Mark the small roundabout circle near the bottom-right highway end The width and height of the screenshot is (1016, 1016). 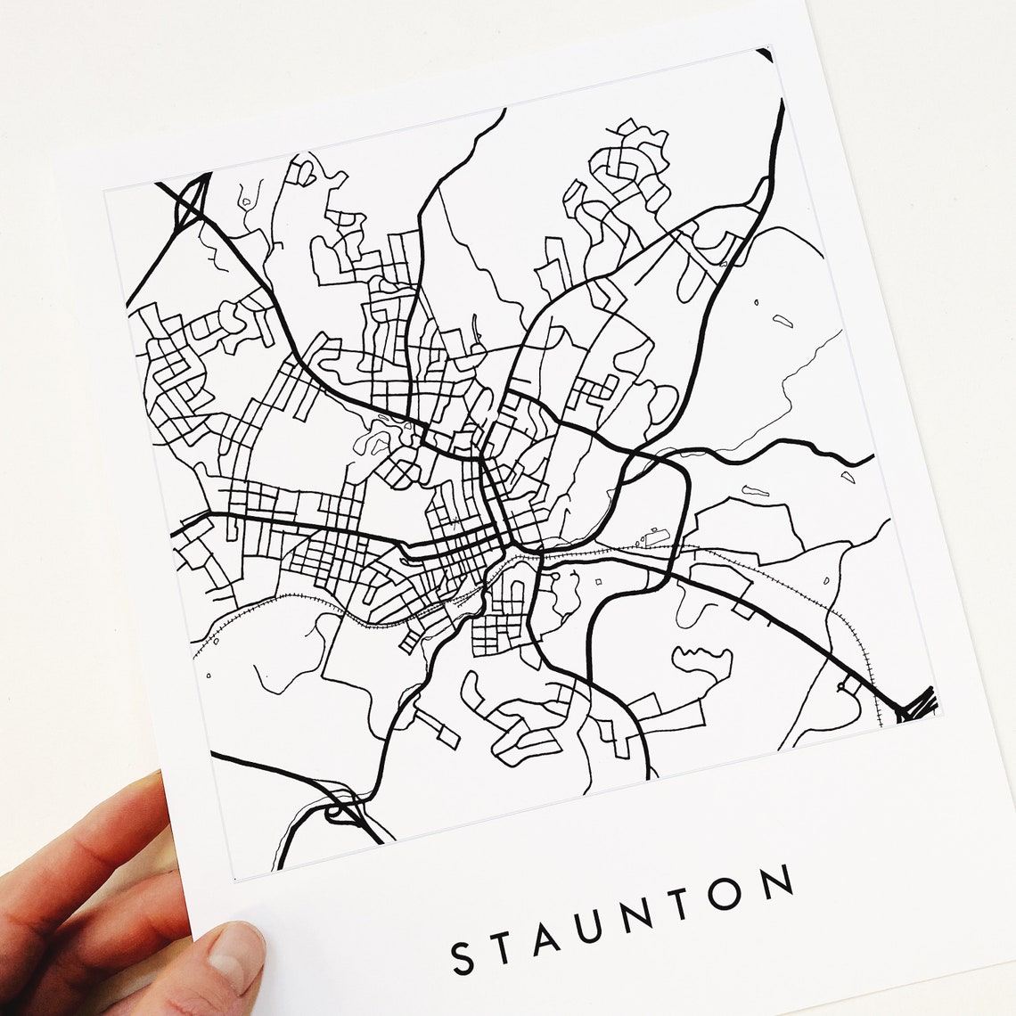click(843, 687)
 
